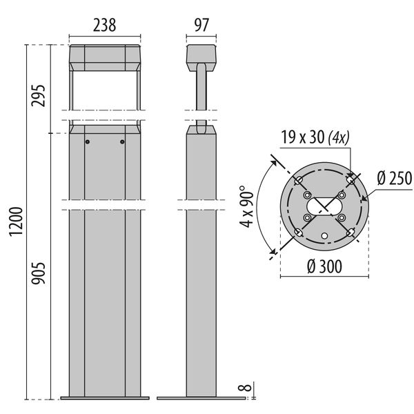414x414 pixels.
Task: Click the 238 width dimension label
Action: pyautogui.click(x=105, y=26)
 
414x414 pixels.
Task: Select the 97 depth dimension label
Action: pyautogui.click(x=201, y=26)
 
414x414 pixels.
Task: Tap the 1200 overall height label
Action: pyautogui.click(x=16, y=221)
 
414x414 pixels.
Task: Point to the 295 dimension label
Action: pyautogui.click(x=39, y=95)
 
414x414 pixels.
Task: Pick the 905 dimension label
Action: pyautogui.click(x=39, y=273)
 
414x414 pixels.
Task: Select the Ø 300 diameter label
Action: pyautogui.click(x=324, y=266)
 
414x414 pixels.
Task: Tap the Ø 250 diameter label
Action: pyautogui.click(x=395, y=178)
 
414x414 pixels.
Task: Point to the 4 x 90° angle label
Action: pyautogui.click(x=246, y=206)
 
